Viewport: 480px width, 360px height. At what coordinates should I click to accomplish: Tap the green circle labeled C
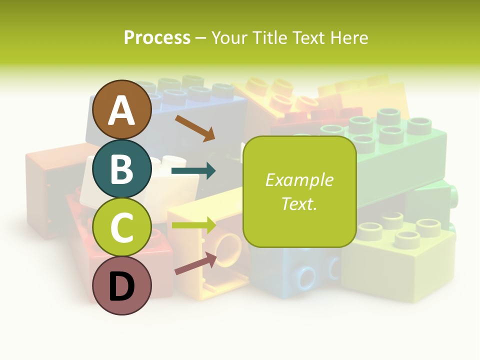[x=122, y=227]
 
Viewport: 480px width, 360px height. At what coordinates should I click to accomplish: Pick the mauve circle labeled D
[x=122, y=286]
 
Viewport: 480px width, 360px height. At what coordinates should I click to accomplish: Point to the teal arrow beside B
[x=193, y=171]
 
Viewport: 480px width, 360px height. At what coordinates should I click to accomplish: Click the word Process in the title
[x=157, y=37]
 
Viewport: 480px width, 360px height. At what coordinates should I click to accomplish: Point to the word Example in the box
[x=299, y=180]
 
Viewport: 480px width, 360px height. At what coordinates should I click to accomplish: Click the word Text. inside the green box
[x=299, y=204]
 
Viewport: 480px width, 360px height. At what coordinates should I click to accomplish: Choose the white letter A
[x=122, y=110]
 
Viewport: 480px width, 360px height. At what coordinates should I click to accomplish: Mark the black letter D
[x=122, y=287]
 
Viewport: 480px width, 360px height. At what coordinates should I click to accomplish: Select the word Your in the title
[x=229, y=37]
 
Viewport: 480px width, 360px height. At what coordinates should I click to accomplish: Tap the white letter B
[x=122, y=169]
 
